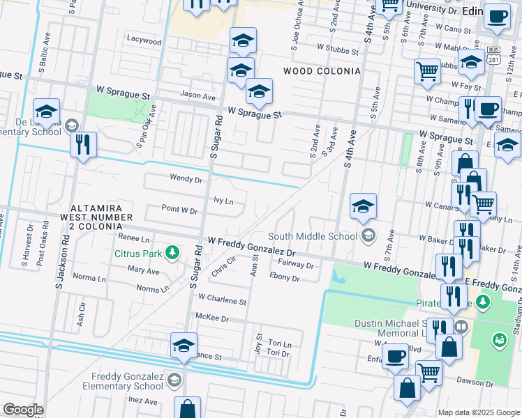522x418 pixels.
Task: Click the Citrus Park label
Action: (138, 252)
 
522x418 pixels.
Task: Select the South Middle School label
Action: (313, 235)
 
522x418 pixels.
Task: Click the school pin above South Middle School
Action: (363, 207)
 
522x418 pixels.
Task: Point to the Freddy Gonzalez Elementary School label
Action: (123, 381)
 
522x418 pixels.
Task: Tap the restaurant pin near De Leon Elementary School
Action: (83, 145)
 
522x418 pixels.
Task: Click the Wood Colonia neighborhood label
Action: (322, 71)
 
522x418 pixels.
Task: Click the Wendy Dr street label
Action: (186, 178)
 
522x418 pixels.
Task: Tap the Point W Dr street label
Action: (179, 209)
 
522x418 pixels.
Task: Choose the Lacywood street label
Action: (144, 40)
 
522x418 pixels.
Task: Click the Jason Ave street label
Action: (197, 95)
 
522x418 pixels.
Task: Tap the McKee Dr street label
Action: (213, 318)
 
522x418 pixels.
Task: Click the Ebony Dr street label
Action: (284, 278)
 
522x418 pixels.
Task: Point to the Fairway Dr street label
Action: (297, 265)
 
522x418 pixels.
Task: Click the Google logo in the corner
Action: (23, 410)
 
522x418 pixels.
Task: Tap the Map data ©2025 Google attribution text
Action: (479, 412)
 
